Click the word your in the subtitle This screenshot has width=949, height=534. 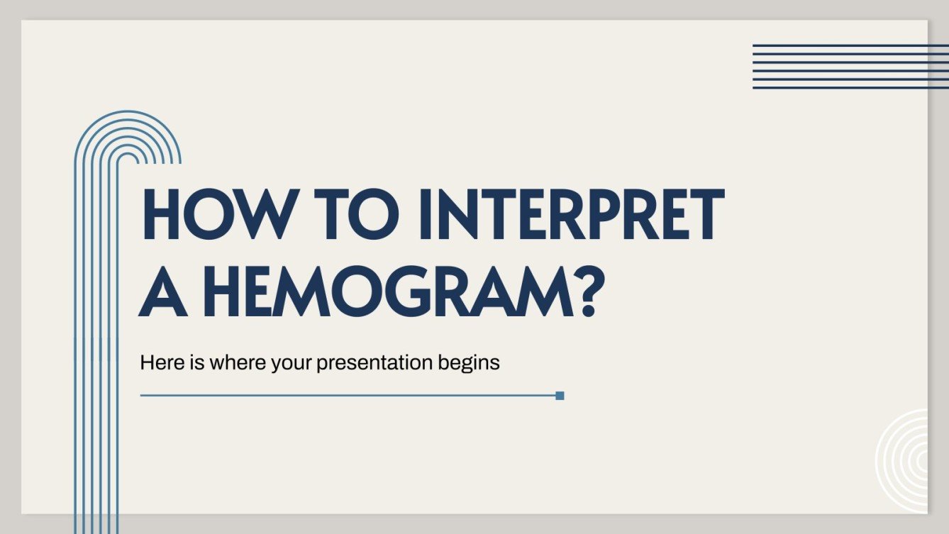pos(292,363)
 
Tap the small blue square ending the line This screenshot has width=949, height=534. pos(560,396)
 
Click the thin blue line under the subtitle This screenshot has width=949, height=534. pos(348,396)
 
